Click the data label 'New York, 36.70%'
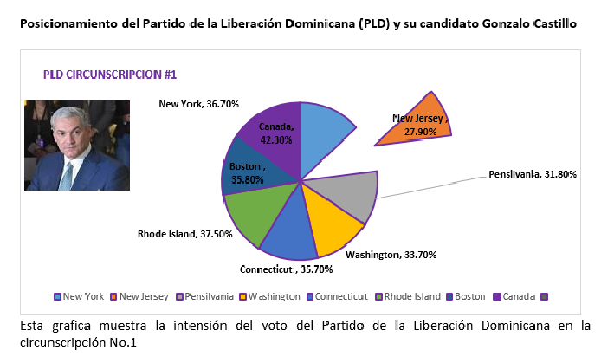(198, 104)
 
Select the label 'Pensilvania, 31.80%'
(533, 174)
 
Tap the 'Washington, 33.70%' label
(391, 255)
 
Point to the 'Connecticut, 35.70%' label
(281, 269)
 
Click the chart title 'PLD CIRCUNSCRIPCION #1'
(111, 75)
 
